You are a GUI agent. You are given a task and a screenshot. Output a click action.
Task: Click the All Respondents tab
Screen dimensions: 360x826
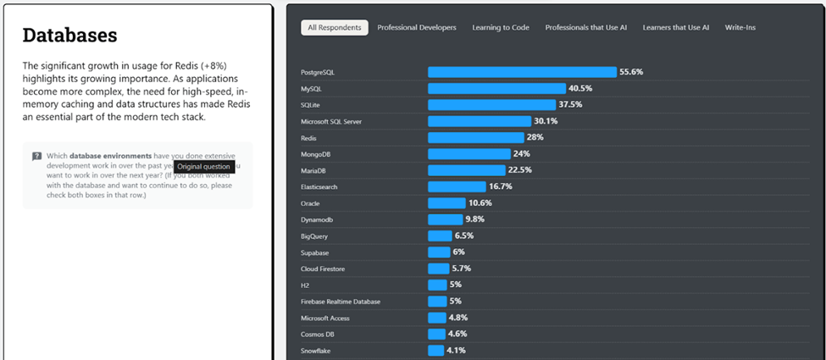tap(334, 28)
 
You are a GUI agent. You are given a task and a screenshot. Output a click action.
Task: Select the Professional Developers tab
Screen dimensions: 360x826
tap(416, 28)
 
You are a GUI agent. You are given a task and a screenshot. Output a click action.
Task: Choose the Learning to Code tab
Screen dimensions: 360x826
tap(502, 28)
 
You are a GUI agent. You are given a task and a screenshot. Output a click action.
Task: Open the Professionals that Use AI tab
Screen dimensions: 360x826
tap(585, 28)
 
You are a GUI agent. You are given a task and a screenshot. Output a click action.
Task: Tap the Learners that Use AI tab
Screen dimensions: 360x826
tap(675, 28)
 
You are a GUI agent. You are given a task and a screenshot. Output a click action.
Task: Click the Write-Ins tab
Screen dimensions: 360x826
tap(740, 28)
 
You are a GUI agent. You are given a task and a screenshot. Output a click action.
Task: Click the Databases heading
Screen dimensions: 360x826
tap(69, 36)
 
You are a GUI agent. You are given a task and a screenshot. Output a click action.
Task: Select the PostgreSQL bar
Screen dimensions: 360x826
tap(522, 72)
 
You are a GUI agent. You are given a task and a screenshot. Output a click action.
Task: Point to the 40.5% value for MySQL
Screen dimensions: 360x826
tap(579, 88)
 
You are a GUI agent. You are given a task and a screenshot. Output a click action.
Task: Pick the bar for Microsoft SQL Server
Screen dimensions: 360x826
tap(479, 121)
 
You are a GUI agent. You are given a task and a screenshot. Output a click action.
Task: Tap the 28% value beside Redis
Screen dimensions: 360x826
tap(535, 137)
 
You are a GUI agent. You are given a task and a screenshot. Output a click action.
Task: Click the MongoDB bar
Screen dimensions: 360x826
tap(468, 154)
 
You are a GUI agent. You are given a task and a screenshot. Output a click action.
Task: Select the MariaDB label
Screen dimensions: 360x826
tap(314, 170)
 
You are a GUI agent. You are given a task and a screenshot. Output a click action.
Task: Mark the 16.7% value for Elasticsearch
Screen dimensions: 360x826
tap(501, 186)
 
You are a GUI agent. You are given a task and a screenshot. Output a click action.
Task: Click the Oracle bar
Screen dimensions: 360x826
tap(446, 203)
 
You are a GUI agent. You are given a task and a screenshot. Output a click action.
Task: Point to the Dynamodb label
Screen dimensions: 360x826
tap(317, 219)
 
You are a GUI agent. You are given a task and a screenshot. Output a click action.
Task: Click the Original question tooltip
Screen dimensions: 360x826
tap(203, 167)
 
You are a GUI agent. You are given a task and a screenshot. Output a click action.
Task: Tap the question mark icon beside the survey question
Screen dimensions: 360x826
tap(37, 156)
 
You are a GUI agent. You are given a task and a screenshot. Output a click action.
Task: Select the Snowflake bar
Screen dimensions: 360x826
tap(435, 351)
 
